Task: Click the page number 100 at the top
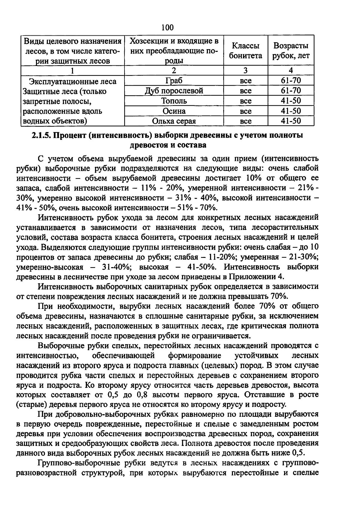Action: coord(167,28)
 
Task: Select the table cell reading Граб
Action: coord(174,81)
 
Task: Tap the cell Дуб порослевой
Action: coord(174,91)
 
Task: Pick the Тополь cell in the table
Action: coord(174,101)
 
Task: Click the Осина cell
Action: coord(174,111)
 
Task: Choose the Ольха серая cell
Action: coord(174,121)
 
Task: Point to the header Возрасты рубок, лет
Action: coord(290,51)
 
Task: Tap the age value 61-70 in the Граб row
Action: coord(290,81)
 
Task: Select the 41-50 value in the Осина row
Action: coord(290,111)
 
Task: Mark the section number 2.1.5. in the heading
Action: coord(42,135)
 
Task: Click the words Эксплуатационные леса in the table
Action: coord(72,81)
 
